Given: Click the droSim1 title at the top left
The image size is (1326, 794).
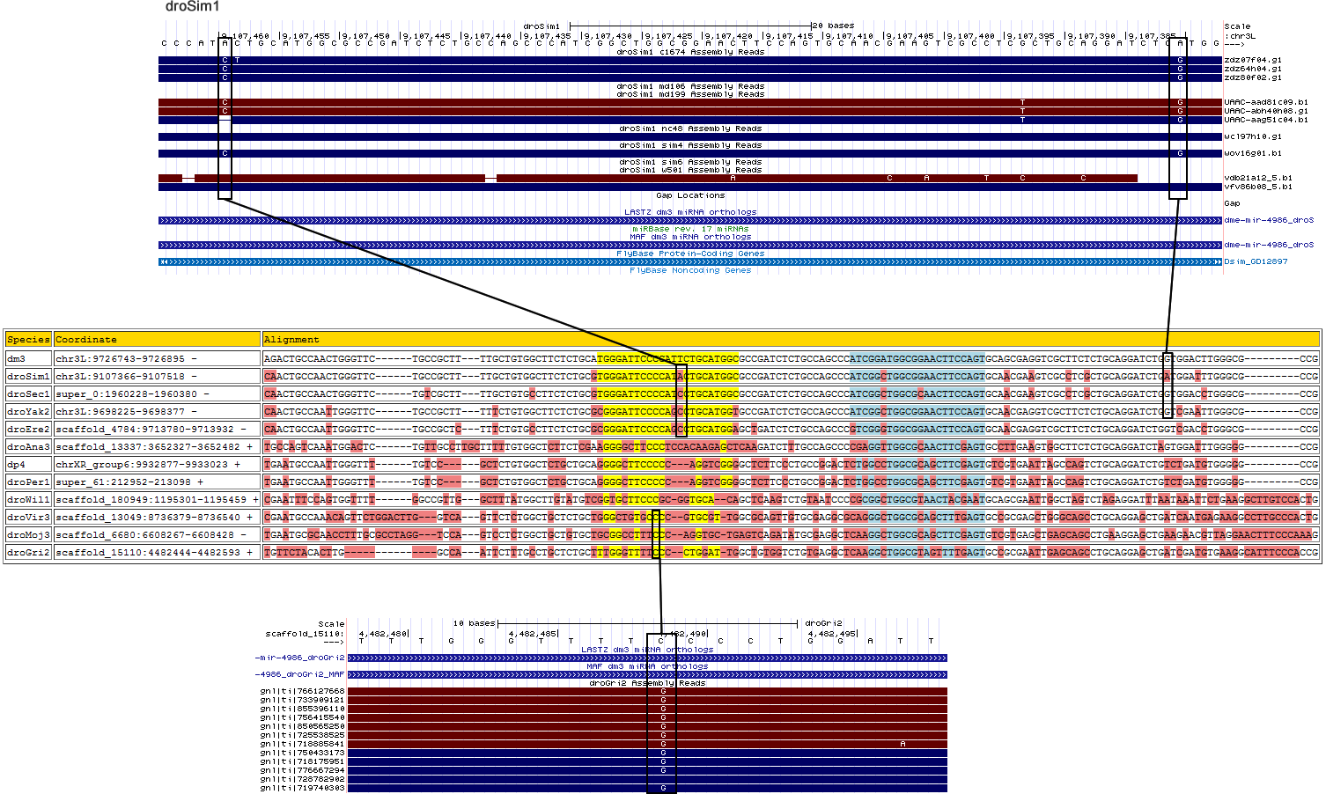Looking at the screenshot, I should [x=192, y=7].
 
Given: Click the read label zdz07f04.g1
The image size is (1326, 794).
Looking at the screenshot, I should [x=1252, y=60].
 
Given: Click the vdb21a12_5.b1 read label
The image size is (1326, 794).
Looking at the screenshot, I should [x=1257, y=178].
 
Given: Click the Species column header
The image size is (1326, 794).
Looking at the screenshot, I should [x=28, y=339].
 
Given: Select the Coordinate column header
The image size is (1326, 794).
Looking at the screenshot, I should [x=85, y=339].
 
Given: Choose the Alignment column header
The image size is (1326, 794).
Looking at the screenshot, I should [x=291, y=339].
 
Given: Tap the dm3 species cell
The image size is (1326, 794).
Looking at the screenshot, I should [x=17, y=359].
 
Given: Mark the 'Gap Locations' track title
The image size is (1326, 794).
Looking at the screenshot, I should [x=690, y=195].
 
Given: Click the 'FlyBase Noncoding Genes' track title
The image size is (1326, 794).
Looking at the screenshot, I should [x=690, y=270].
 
